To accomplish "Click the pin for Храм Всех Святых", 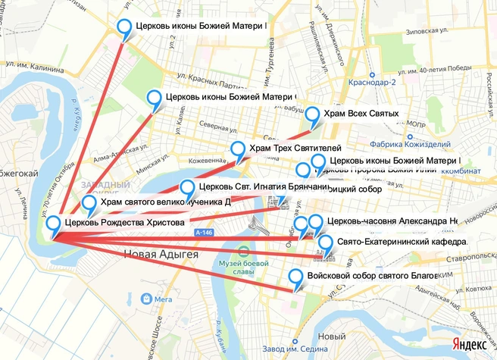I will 313,114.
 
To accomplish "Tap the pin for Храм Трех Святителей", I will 239,149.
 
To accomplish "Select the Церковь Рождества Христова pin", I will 53,224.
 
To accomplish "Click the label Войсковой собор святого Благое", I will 372,276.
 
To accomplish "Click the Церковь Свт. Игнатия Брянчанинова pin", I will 187,187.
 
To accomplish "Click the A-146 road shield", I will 202,232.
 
